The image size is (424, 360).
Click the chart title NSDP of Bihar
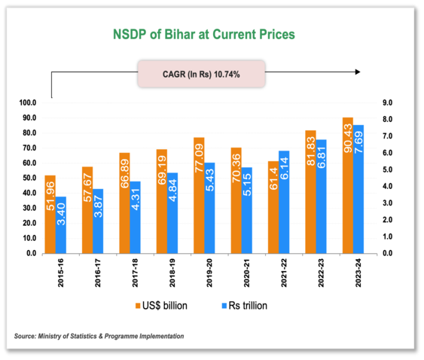coord(203,35)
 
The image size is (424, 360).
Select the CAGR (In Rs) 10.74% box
coord(203,73)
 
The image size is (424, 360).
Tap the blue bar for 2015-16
coord(61,225)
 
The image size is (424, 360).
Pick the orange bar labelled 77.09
coord(199,196)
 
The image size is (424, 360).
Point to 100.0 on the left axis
coord(29,102)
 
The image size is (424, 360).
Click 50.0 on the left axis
coord(31,178)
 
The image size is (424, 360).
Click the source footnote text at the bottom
coord(99,336)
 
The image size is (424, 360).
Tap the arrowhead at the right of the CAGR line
coord(357,72)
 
